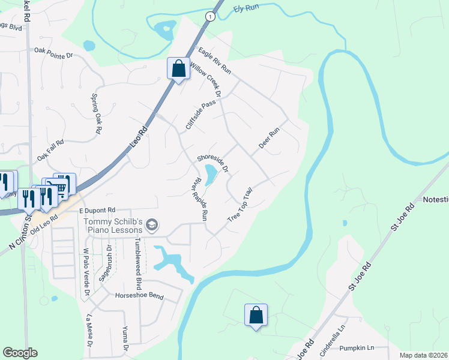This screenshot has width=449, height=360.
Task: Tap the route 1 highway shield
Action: tap(210, 17)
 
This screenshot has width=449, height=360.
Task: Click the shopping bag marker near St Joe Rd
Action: tap(256, 314)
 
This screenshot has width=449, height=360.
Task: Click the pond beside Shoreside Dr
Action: tap(211, 175)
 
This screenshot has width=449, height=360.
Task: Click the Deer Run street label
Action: tap(269, 139)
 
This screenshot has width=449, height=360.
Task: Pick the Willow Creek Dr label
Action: tap(206, 78)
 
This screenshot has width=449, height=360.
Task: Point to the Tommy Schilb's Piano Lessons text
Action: tap(113, 226)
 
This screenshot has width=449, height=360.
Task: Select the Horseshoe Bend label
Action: tap(139, 296)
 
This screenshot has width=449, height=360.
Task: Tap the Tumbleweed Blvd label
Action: tap(137, 257)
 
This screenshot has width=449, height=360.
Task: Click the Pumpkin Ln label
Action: tap(356, 347)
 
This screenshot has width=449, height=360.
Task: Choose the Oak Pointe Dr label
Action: tap(53, 53)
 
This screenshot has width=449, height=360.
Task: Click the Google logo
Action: tap(20, 353)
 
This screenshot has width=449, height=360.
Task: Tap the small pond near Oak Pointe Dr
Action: tap(89, 46)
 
